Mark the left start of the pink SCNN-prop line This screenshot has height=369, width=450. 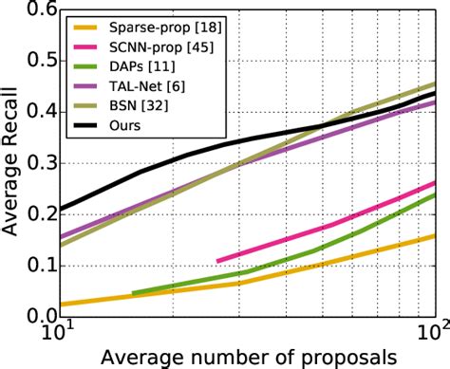(x=217, y=261)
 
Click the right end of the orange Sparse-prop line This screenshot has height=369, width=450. (x=436, y=235)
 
